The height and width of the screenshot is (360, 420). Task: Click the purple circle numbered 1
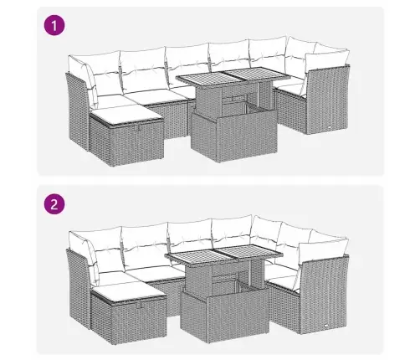54,26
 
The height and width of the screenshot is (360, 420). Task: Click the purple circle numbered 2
54,204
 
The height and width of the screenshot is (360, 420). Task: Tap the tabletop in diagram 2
224,254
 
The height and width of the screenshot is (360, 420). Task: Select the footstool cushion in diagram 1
126,115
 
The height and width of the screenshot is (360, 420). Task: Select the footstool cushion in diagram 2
129,292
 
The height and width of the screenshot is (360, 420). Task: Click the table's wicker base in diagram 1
234,134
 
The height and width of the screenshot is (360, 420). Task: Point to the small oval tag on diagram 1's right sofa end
330,126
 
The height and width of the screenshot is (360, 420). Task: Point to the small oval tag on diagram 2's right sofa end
327,325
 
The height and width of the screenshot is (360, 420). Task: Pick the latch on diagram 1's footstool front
136,127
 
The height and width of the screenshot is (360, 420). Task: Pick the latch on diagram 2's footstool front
140,305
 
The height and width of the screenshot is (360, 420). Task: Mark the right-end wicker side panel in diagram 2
324,295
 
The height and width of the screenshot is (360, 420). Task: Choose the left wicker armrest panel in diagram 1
78,111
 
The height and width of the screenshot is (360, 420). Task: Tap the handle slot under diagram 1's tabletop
233,99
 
